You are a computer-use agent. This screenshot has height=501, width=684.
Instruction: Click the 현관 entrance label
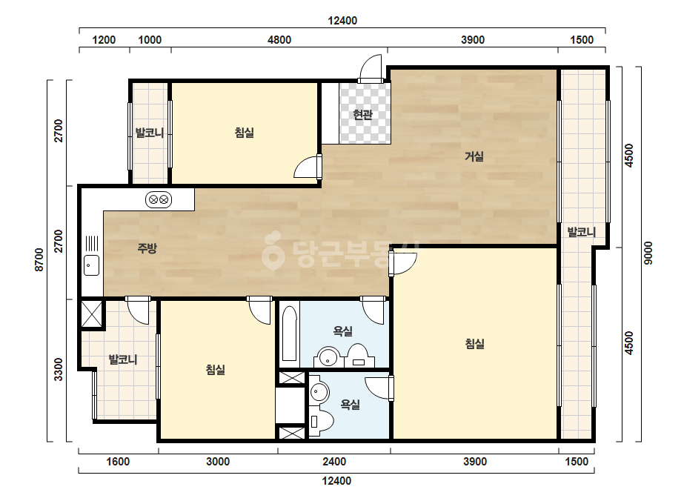pyautogui.click(x=363, y=115)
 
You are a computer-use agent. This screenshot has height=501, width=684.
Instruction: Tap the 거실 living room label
pyautogui.click(x=474, y=156)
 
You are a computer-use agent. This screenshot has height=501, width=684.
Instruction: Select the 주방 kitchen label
pyautogui.click(x=147, y=248)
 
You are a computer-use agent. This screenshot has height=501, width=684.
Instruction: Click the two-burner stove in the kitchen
pyautogui.click(x=159, y=200)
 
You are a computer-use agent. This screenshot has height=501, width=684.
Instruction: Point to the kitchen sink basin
pyautogui.click(x=92, y=265)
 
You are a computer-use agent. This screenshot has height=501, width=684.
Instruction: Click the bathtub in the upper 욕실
pyautogui.click(x=289, y=333)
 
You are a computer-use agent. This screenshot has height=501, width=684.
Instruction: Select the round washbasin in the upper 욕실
pyautogui.click(x=328, y=357)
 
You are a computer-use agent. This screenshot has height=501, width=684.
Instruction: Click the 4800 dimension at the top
pyautogui.click(x=279, y=40)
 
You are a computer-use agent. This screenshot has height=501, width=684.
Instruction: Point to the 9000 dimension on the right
pyautogui.click(x=648, y=253)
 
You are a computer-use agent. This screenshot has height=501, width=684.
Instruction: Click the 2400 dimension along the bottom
pyautogui.click(x=334, y=462)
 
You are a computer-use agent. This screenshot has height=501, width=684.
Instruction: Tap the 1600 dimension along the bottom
pyautogui.click(x=118, y=462)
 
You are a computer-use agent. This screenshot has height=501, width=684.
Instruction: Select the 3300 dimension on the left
pyautogui.click(x=59, y=369)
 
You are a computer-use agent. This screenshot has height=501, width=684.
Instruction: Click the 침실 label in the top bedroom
pyautogui.click(x=245, y=132)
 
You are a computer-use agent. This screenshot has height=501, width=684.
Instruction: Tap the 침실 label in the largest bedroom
pyautogui.click(x=474, y=344)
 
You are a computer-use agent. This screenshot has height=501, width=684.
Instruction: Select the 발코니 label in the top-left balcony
pyautogui.click(x=150, y=132)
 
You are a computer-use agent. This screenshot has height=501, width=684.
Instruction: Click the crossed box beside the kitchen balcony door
pyautogui.click(x=92, y=313)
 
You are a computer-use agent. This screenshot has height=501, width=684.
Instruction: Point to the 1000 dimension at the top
pyautogui.click(x=150, y=40)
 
